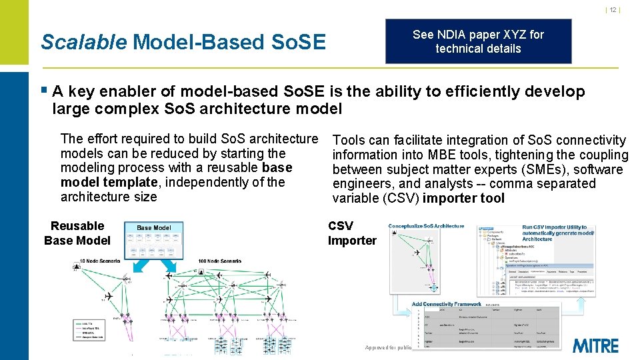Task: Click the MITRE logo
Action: click(595, 345)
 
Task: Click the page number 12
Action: click(613, 9)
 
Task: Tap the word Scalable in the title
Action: click(83, 42)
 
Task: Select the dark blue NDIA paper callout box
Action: click(478, 41)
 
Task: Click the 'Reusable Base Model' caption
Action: click(77, 233)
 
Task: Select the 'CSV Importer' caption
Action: click(351, 233)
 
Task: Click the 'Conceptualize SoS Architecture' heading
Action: click(426, 227)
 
